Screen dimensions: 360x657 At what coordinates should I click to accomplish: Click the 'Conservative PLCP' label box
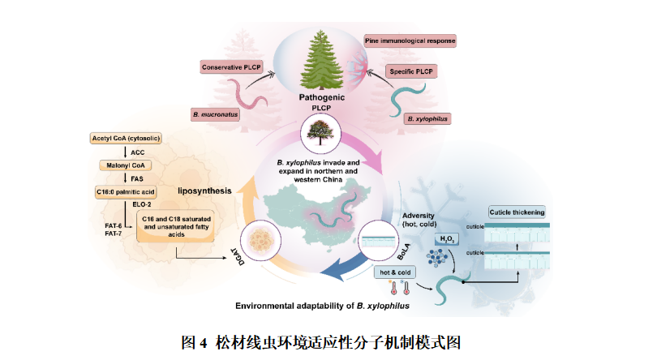(x=231, y=66)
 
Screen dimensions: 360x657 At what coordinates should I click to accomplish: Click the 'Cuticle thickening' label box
(x=517, y=212)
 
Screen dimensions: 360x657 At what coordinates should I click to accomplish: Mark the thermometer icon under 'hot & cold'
(x=397, y=288)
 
